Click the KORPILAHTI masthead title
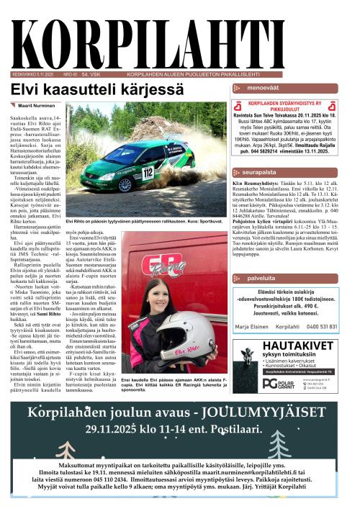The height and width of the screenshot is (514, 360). point(180,35)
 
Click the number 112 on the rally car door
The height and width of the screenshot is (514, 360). point(148,173)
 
